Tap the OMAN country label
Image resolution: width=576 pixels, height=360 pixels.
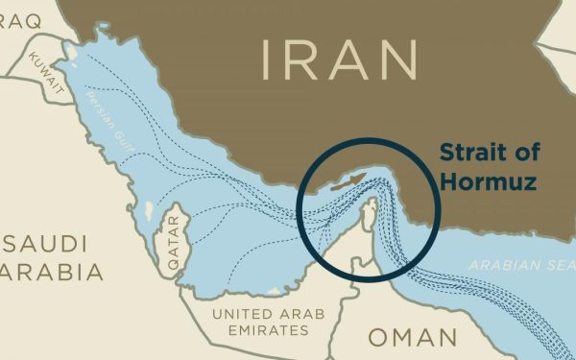pyautogui.click(x=413, y=338)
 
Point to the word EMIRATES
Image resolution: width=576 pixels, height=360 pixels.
pyautogui.click(x=262, y=330)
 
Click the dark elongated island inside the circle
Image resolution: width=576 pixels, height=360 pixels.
pyautogui.click(x=348, y=180)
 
